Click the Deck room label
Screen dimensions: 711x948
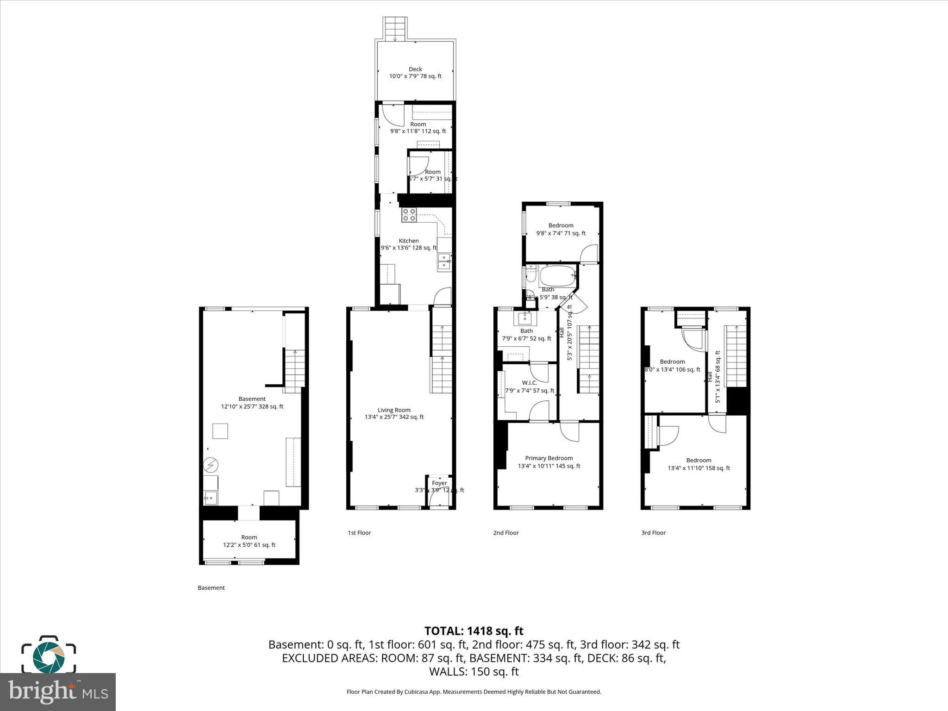click(x=415, y=73)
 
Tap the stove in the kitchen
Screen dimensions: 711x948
click(x=409, y=215)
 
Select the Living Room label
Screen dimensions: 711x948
click(x=394, y=413)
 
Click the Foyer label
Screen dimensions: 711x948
click(x=439, y=483)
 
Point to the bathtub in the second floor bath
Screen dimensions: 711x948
click(x=557, y=276)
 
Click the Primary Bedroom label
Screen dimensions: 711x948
click(x=549, y=462)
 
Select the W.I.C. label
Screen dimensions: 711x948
click(x=530, y=387)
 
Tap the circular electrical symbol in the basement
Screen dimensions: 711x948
click(x=211, y=464)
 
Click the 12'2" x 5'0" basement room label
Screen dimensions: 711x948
click(x=249, y=541)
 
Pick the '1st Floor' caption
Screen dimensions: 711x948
click(x=360, y=533)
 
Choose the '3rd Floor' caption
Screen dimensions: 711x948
click(x=653, y=533)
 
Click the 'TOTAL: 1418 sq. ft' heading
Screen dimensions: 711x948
click(x=474, y=631)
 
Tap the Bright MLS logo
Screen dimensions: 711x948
click(x=58, y=692)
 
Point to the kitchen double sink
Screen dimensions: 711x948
click(x=444, y=262)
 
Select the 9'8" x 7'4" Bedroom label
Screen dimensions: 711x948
click(x=561, y=230)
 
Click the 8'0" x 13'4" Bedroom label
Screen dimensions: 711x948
click(x=672, y=366)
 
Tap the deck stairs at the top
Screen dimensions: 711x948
click(x=395, y=29)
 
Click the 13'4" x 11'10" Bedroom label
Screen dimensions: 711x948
click(x=699, y=464)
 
